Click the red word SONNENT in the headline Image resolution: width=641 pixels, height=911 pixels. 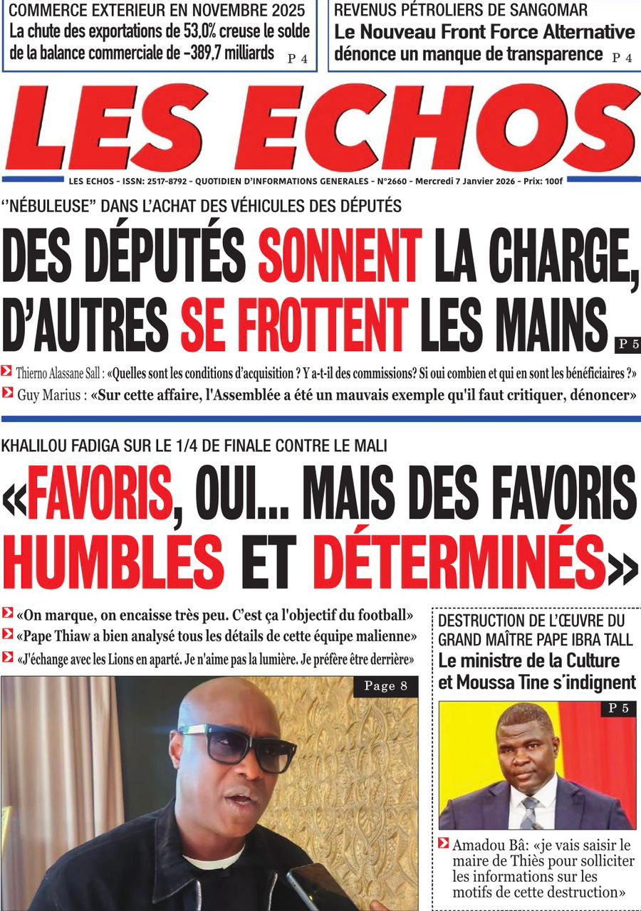coord(339,256)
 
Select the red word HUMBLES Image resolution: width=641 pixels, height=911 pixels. coord(113,564)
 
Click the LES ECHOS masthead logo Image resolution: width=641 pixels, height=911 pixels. coord(320,128)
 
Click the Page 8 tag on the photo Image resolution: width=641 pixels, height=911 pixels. coord(385,686)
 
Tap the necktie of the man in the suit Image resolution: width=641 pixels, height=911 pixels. coord(529,813)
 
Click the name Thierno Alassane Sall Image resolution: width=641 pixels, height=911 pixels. coord(60,371)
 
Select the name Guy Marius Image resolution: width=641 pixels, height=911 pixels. coord(48,393)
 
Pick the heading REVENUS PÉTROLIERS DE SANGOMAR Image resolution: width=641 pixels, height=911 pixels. coord(461,11)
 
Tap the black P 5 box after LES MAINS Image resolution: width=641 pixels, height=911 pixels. coord(627,345)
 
